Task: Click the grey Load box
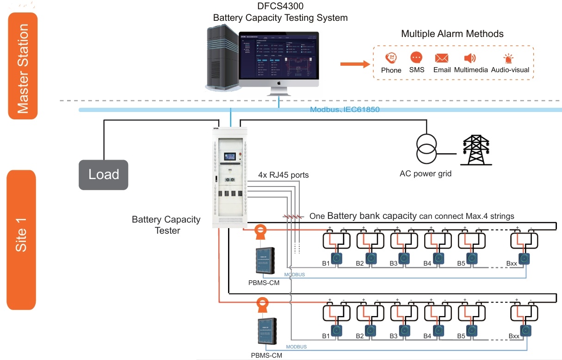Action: (x=104, y=174)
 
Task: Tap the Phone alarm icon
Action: (x=391, y=58)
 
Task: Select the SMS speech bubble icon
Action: (x=416, y=58)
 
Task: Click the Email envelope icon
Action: (x=442, y=58)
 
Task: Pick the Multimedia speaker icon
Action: (x=470, y=58)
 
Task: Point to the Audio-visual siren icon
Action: (x=509, y=58)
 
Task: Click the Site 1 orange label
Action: (x=21, y=239)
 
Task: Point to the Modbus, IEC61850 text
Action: (x=345, y=110)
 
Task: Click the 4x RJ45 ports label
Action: (x=283, y=175)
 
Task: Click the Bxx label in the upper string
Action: (x=511, y=263)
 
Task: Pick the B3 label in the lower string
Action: (x=394, y=336)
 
